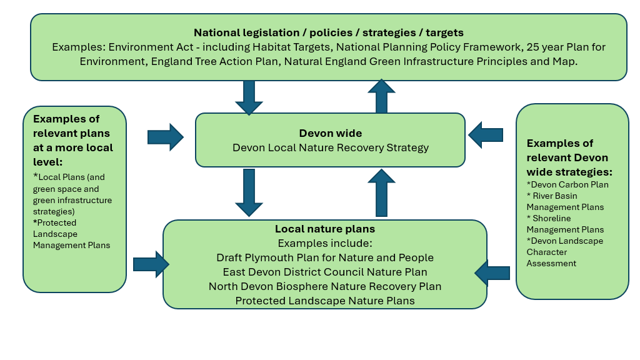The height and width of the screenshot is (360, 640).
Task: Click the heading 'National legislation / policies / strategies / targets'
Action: coord(328,32)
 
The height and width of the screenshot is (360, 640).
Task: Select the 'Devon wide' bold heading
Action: coord(330,133)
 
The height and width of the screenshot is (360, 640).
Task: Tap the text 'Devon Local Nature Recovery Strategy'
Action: coord(330,148)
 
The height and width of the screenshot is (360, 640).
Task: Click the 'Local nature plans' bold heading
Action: coord(325,229)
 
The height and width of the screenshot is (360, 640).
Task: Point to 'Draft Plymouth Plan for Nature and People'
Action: coord(325,257)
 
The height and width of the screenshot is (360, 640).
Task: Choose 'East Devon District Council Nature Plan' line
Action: coord(325,272)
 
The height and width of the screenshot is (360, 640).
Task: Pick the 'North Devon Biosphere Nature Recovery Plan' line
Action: coord(325,286)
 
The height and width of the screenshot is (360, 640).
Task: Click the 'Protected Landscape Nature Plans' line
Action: coord(325,301)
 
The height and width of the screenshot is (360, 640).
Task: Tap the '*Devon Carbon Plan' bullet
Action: coord(567,184)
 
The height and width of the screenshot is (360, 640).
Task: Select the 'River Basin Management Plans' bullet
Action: coord(565,201)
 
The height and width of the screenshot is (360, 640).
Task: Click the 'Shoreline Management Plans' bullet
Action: coord(565,224)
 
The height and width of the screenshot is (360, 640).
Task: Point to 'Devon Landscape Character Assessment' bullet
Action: coord(564,252)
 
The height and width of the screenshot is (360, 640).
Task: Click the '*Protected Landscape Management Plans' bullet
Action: coord(71,234)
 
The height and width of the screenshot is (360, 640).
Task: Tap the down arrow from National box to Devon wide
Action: coord(249,97)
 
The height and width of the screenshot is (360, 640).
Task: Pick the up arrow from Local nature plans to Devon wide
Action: coord(381,192)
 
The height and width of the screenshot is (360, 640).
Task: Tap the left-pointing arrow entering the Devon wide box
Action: coord(486,134)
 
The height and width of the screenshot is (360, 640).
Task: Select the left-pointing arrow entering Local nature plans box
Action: coord(492,272)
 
